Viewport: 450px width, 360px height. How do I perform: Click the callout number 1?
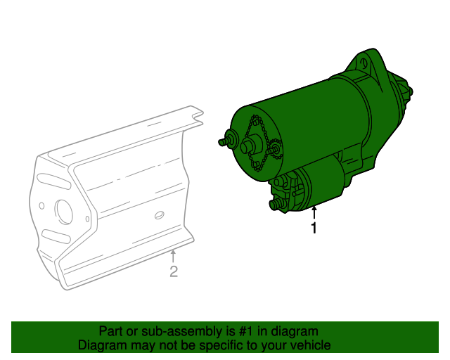coord(314,229)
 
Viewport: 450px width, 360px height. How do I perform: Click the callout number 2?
coord(174,271)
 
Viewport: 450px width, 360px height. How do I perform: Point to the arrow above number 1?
coord(314,212)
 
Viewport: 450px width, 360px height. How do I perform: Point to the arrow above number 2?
coord(174,255)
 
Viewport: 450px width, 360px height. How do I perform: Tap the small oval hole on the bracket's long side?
coord(159,214)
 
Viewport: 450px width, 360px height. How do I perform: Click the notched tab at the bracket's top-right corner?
coord(196,117)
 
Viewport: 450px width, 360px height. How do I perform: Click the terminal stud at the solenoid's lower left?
coord(275,205)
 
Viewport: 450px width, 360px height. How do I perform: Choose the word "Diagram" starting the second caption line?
coord(101,345)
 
